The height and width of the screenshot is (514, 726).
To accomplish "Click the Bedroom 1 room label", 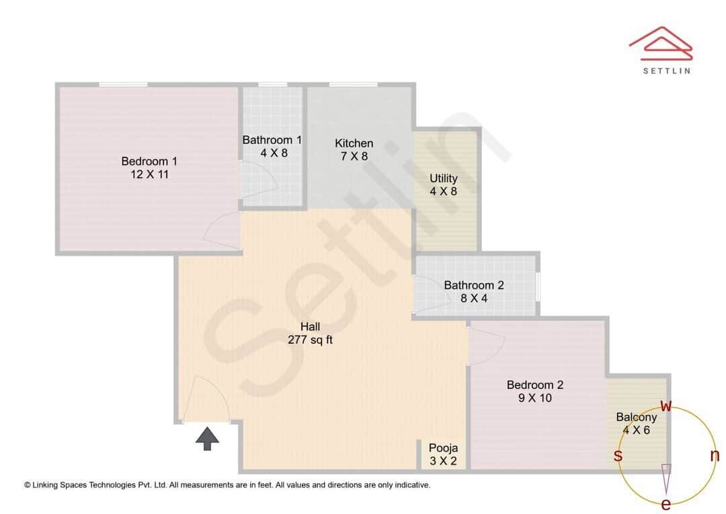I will pyautogui.click(x=149, y=161).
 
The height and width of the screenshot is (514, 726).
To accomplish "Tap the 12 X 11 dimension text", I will pyautogui.click(x=149, y=174).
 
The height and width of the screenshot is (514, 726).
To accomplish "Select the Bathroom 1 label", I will pyautogui.click(x=272, y=140).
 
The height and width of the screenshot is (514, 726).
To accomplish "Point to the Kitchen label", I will pyautogui.click(x=354, y=143).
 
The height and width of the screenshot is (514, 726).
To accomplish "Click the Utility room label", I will pyautogui.click(x=444, y=178).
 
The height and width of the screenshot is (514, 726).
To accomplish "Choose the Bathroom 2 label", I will pyautogui.click(x=474, y=285).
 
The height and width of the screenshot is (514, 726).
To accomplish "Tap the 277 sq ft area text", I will pyautogui.click(x=310, y=340).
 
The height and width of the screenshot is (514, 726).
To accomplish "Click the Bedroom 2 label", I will pyautogui.click(x=535, y=385).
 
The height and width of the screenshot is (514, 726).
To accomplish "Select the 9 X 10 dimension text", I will pyautogui.click(x=535, y=398).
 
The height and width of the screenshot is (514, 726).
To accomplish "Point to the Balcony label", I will pyautogui.click(x=637, y=417).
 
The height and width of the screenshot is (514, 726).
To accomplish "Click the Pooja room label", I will pyautogui.click(x=444, y=448).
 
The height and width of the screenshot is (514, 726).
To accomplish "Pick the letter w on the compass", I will pyautogui.click(x=666, y=406).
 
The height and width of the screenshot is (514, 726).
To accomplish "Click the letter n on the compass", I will pyautogui.click(x=715, y=455).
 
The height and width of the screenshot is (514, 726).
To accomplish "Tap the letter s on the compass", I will pyautogui.click(x=618, y=455).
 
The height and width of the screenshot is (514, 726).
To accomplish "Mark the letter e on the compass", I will pyautogui.click(x=666, y=504).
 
